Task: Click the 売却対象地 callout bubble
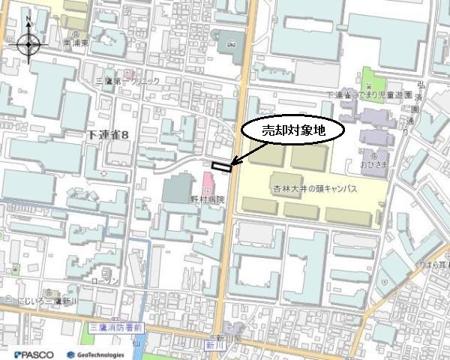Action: [x=293, y=130]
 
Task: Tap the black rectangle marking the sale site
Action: [x=222, y=166]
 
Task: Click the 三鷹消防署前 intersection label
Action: [x=115, y=328]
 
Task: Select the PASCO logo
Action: [x=29, y=353]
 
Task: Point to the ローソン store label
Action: [x=106, y=280]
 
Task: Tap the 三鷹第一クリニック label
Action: [x=129, y=80]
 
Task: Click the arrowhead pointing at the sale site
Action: [x=233, y=163]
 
